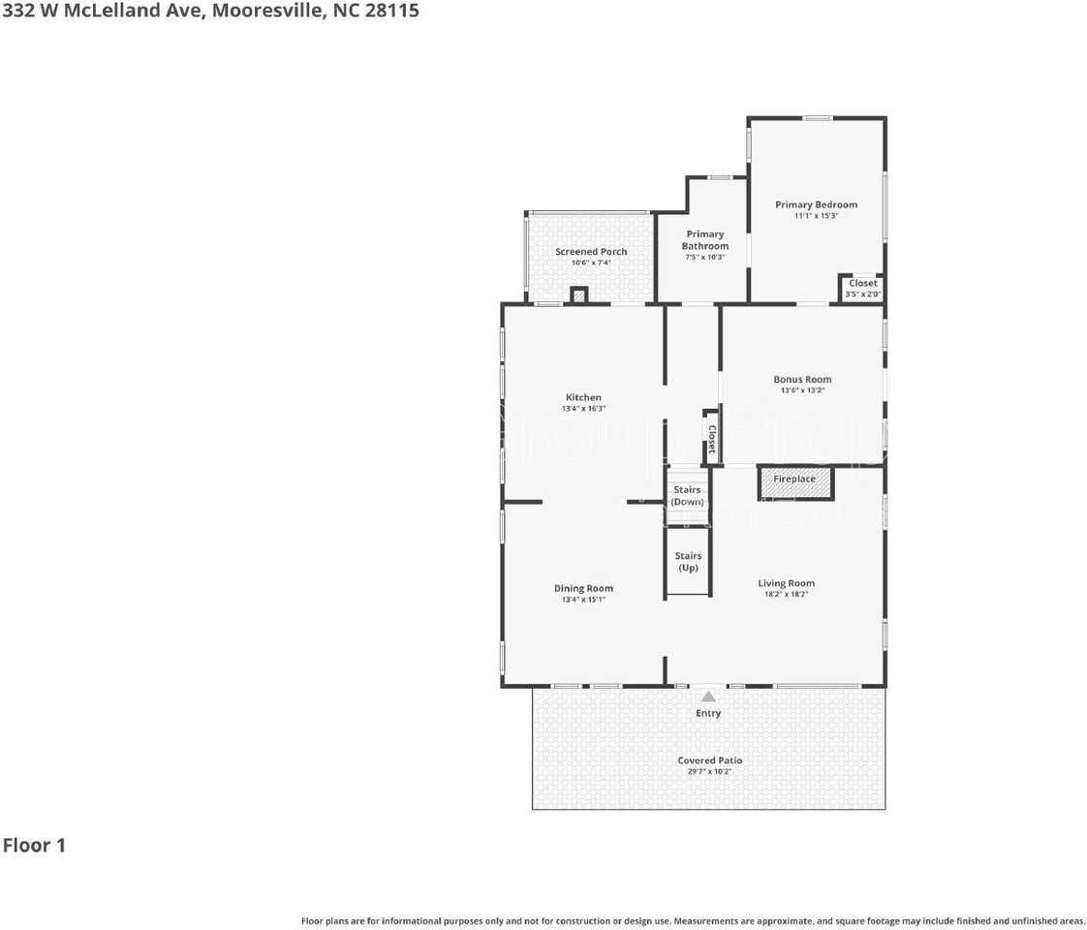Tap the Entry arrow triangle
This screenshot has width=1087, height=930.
[708, 696]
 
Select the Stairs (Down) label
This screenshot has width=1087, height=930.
[687, 496]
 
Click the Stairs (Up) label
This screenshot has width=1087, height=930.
[688, 562]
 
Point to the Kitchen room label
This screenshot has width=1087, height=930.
[583, 397]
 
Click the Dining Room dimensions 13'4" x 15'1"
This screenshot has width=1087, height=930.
[583, 600]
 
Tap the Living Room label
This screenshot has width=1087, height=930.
[786, 583]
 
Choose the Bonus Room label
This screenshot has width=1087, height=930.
[802, 380]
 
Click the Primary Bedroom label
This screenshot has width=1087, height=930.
[816, 204]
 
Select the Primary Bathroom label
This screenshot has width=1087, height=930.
[704, 240]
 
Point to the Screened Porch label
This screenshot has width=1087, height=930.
[591, 252]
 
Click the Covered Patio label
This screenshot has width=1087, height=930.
[709, 760]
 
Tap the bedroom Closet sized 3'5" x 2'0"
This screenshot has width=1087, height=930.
[862, 288]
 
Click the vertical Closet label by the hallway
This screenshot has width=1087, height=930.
[711, 440]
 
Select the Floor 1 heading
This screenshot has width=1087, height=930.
[34, 845]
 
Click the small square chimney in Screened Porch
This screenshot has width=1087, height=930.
[579, 295]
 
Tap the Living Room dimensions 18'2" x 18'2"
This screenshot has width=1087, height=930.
[786, 594]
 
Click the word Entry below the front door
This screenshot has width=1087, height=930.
[708, 714]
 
